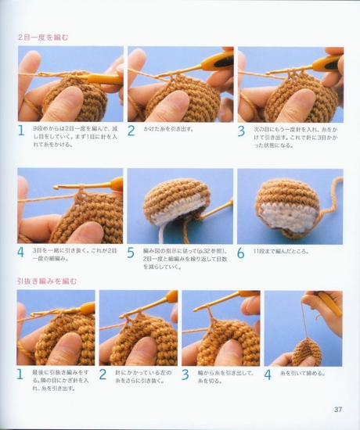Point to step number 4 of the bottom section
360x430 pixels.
point(268,374)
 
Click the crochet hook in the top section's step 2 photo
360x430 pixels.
point(207,61)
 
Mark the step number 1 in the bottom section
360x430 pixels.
point(21,374)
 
